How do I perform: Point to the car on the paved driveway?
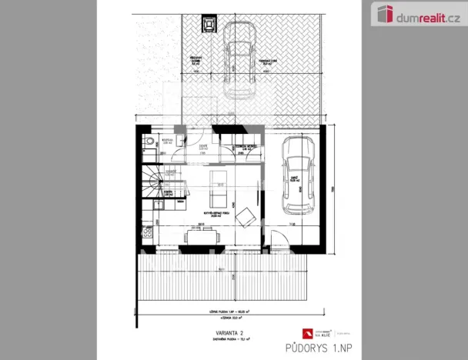coord(239,58)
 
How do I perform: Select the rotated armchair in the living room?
coord(246,217)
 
